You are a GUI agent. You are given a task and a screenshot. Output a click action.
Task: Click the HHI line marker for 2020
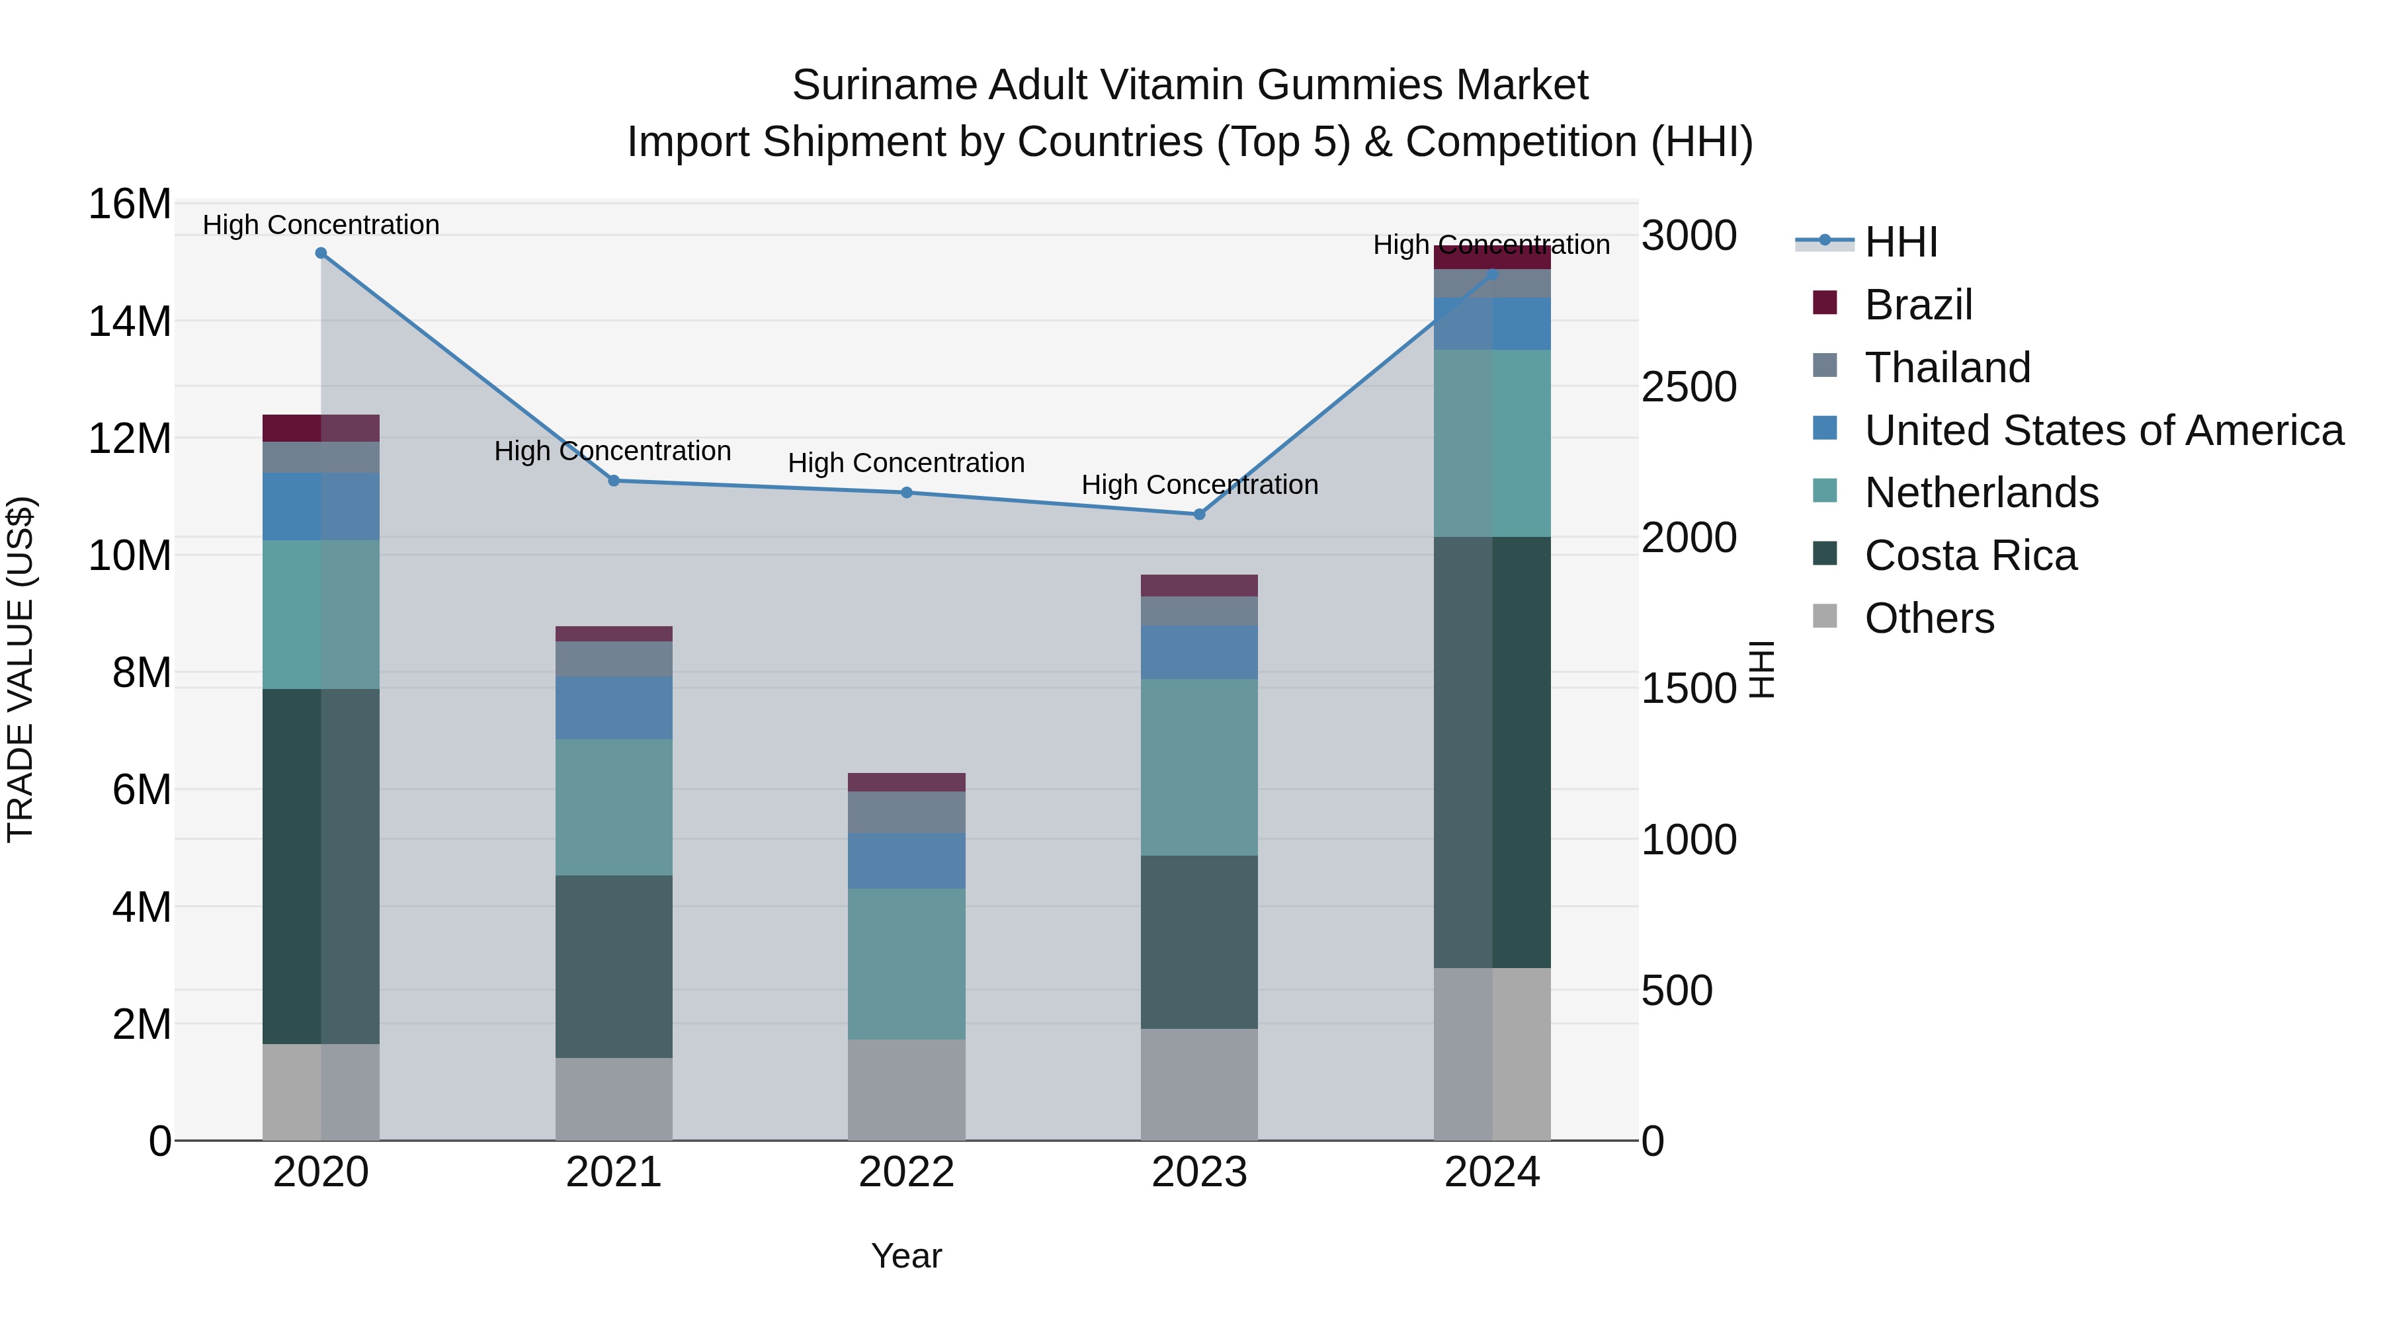321,253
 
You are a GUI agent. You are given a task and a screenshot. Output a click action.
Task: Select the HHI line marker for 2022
907,493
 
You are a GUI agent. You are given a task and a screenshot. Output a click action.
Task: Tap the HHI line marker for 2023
1200,514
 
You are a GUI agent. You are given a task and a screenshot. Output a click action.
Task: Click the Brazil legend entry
1918,305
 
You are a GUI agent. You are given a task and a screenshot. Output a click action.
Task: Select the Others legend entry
1929,618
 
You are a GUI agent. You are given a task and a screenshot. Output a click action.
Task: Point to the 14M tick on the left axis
130,321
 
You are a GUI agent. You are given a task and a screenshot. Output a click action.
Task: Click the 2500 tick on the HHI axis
1689,387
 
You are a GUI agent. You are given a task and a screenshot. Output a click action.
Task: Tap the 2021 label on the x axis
614,1172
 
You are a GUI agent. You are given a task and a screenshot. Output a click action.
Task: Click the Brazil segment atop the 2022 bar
907,782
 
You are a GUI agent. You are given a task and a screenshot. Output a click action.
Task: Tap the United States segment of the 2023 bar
1200,653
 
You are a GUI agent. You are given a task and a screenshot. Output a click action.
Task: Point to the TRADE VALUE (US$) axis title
21,669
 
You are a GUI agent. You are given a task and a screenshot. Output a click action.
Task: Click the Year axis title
906,1256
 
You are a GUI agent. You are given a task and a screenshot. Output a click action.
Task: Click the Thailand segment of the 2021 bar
614,659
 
